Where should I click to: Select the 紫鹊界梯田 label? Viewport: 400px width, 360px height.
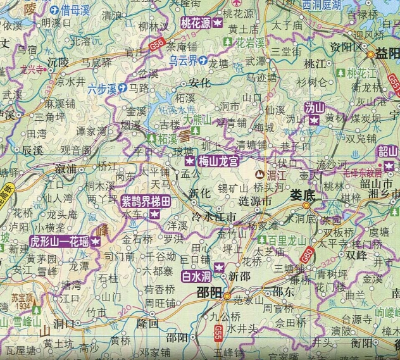click(x=146, y=202)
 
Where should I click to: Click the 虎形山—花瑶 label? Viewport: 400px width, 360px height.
click(x=59, y=242)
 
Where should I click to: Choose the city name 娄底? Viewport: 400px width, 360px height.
click(x=303, y=196)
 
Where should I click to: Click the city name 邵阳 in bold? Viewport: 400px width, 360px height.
click(x=208, y=293)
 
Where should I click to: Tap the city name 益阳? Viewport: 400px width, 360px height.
click(x=385, y=53)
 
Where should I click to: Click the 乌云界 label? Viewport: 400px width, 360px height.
click(x=184, y=61)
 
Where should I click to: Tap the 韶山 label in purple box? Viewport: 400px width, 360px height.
click(x=387, y=151)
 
